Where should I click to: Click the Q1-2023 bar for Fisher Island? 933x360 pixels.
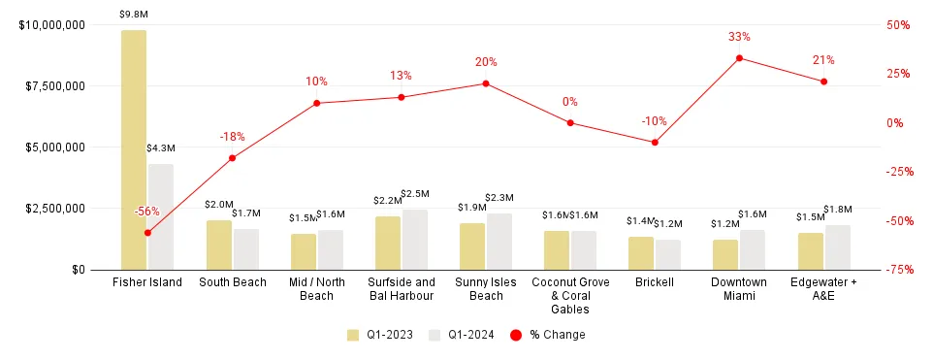[x=134, y=150]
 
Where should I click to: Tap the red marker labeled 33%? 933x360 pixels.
[x=739, y=58]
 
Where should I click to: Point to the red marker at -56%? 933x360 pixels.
[x=147, y=233]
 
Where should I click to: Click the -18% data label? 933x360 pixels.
[x=232, y=137]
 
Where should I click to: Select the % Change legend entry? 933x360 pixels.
[x=548, y=335]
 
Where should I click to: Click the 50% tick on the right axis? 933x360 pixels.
[x=899, y=25]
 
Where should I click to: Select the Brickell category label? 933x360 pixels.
[x=655, y=282]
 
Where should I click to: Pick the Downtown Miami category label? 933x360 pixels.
[x=739, y=289]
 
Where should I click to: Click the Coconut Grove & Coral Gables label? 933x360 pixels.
[x=570, y=296]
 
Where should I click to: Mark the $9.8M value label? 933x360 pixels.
[x=133, y=15]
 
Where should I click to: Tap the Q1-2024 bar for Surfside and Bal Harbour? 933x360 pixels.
[x=414, y=240]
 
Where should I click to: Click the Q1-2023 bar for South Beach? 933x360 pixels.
[x=218, y=245]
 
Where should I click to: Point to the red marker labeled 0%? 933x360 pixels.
[x=570, y=123]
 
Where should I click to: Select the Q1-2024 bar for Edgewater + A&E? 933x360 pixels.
[x=837, y=247]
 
